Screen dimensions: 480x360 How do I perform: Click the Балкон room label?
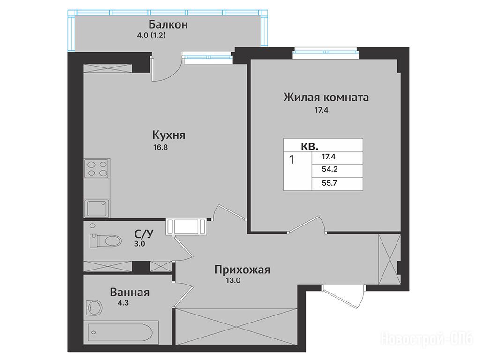pos(168,24)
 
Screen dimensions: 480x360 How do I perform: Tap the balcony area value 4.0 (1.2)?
pos(151,35)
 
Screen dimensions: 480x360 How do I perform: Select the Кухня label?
pos(169,135)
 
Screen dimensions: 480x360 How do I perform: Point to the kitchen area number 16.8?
pos(160,147)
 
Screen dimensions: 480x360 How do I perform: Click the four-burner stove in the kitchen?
pos(97,169)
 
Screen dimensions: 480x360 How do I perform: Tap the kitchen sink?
pos(97,208)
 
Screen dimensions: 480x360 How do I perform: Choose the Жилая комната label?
pos(326,97)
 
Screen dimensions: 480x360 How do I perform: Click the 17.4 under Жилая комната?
pos(322,110)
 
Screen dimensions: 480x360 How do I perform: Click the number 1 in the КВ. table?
pos(292,159)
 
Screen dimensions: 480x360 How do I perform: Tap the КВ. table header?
pos(310,146)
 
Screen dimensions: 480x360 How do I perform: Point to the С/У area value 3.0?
pos(139,244)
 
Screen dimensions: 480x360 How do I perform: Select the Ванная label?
pos(130,292)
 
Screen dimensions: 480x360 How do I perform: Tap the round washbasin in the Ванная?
pos(94,307)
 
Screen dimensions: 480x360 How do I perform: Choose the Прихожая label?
pos(242,270)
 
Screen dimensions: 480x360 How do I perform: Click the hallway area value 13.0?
pos(233,280)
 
